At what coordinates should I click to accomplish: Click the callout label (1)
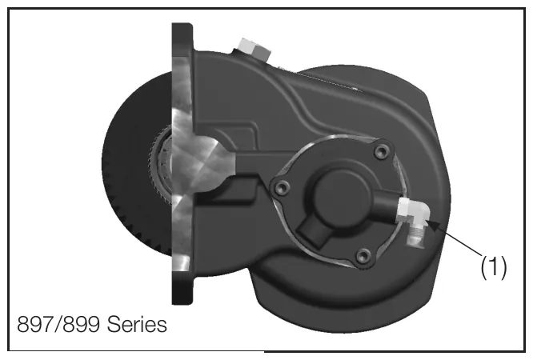click(x=493, y=267)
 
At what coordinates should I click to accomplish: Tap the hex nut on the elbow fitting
click(x=404, y=210)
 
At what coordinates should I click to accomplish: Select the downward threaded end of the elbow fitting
click(x=415, y=237)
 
